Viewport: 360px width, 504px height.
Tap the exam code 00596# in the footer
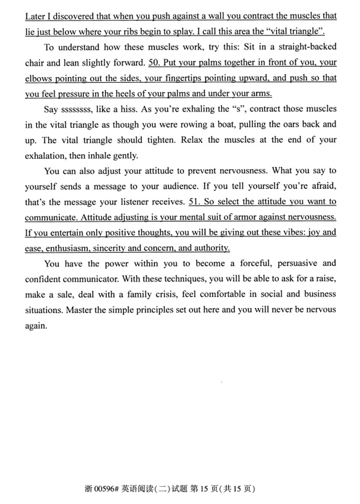(x=114, y=489)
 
